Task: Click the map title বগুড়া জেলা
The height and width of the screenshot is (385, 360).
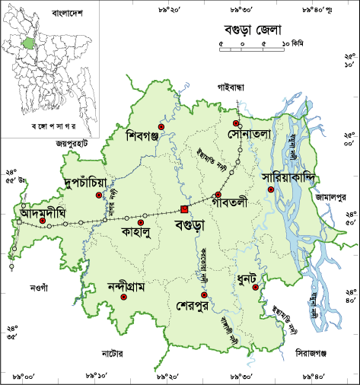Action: pyautogui.click(x=252, y=31)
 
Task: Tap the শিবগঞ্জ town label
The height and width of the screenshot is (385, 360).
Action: pyautogui.click(x=152, y=137)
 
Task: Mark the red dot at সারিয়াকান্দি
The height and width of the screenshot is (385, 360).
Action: pyautogui.click(x=270, y=189)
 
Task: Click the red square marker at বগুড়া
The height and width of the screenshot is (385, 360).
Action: pyautogui.click(x=183, y=208)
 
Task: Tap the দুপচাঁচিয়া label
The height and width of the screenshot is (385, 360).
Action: pyautogui.click(x=95, y=183)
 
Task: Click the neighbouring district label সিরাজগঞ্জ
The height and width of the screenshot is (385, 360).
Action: pyautogui.click(x=314, y=352)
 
